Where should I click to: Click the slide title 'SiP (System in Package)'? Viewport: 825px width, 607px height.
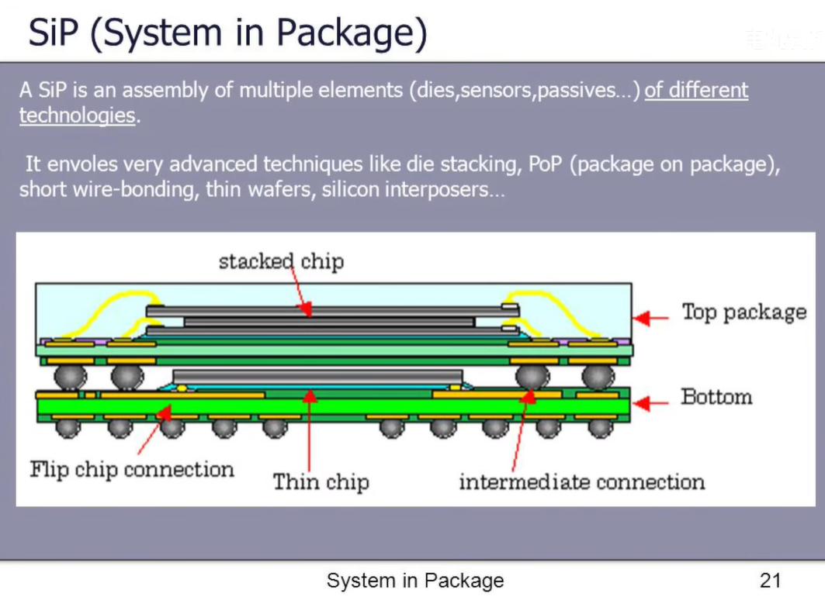(x=227, y=33)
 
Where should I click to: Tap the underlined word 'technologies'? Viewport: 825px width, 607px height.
(x=78, y=115)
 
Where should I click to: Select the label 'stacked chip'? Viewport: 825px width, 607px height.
(x=282, y=261)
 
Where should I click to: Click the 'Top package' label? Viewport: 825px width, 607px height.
(x=744, y=312)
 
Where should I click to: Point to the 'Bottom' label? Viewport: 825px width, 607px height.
(x=716, y=397)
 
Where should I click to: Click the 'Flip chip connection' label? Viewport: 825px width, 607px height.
(x=131, y=469)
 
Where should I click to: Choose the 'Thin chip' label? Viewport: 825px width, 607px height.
(x=321, y=482)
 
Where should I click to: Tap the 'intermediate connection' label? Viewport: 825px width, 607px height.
(x=582, y=482)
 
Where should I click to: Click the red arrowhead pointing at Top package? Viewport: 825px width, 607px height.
(x=641, y=318)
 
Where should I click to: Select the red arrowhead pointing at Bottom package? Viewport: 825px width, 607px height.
(x=640, y=404)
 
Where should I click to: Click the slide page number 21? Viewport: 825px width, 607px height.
(x=770, y=581)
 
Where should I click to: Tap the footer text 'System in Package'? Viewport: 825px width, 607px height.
(x=415, y=581)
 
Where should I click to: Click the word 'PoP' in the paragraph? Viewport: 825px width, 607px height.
(x=546, y=164)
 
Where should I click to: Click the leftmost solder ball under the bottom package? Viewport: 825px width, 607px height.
(x=68, y=428)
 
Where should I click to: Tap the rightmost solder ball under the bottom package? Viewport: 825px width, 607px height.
(x=601, y=428)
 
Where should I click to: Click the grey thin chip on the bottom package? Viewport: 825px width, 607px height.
(x=317, y=376)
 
